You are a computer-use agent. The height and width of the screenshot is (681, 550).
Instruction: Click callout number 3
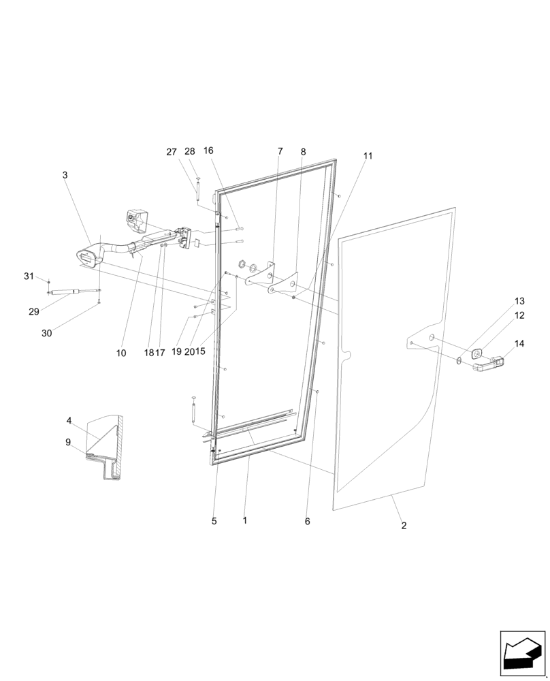click(x=65, y=175)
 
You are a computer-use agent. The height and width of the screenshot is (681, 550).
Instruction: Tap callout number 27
click(x=172, y=152)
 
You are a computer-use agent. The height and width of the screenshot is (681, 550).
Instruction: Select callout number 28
click(x=190, y=151)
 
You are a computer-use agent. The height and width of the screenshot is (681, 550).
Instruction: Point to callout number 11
click(x=368, y=156)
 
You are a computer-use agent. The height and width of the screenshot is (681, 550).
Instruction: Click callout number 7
click(x=280, y=151)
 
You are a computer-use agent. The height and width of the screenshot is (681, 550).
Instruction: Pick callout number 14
click(x=519, y=344)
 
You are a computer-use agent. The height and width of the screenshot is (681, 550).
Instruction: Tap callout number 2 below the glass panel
click(x=404, y=526)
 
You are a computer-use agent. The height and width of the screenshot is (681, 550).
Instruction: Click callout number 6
click(x=307, y=522)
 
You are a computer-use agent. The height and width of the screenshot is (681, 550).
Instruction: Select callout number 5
click(x=214, y=522)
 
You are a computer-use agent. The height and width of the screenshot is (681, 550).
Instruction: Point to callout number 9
click(x=68, y=442)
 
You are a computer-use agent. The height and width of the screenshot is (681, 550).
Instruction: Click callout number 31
click(x=29, y=276)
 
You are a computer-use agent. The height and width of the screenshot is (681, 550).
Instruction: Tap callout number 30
click(x=46, y=333)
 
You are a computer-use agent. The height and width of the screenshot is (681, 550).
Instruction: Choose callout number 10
click(x=120, y=353)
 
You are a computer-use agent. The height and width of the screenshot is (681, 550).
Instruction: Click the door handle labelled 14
click(x=489, y=364)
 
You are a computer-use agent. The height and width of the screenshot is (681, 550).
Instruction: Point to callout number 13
click(x=519, y=301)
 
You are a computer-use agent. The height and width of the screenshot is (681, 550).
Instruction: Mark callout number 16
click(x=208, y=151)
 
